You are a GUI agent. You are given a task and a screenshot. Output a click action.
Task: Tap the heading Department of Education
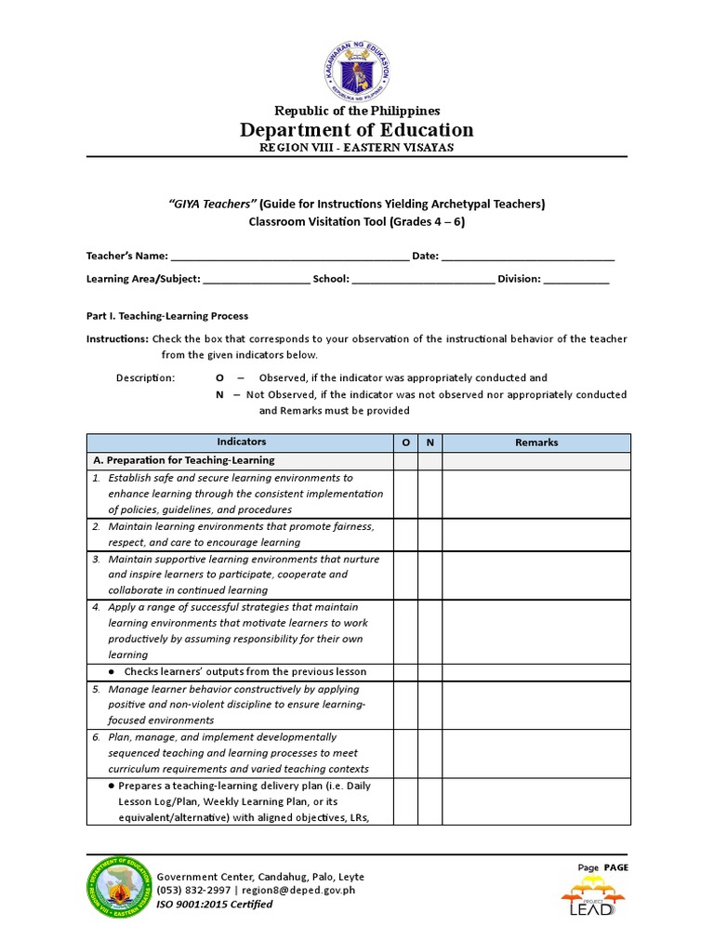(357, 130)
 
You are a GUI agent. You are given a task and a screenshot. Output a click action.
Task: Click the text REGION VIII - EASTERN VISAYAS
(357, 149)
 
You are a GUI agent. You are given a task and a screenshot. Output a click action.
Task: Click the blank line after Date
(527, 258)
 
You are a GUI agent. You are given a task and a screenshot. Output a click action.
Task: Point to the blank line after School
(423, 280)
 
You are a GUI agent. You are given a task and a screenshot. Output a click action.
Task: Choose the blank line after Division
(576, 280)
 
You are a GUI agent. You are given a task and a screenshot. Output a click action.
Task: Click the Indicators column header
(241, 443)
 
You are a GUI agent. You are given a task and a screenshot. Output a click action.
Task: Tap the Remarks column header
(536, 443)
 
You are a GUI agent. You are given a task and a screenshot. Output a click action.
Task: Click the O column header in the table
(405, 443)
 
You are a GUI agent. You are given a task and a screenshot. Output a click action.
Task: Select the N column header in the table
(430, 443)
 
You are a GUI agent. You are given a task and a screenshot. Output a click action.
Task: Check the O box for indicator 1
(405, 494)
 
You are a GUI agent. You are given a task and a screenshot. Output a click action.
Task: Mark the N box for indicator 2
(430, 535)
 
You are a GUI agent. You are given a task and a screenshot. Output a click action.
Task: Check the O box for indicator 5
(405, 705)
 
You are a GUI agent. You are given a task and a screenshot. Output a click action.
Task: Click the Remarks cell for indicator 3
(536, 575)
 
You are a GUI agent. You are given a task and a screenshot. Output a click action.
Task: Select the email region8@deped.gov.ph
(298, 891)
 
